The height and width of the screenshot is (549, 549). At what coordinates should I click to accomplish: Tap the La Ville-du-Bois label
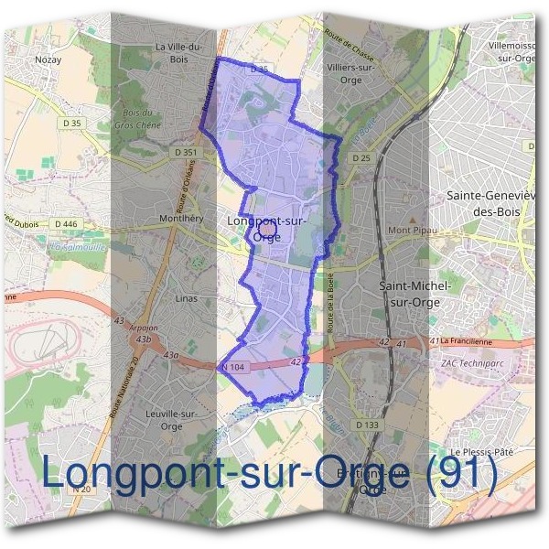pos(179,54)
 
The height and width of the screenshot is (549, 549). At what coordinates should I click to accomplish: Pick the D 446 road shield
pos(65,223)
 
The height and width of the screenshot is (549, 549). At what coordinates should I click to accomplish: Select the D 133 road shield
pos(366,425)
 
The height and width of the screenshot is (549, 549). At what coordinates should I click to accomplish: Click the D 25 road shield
pos(360,158)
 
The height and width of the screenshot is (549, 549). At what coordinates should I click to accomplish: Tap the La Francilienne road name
pos(471,340)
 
